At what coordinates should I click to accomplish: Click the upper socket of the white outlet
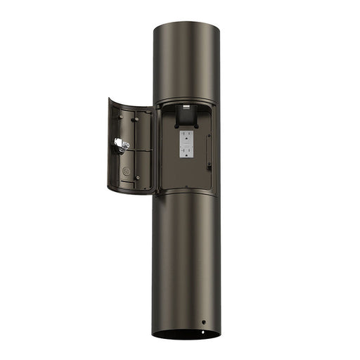click(188, 136)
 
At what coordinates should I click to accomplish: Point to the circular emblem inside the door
click(127, 170)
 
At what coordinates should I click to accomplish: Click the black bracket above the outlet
click(186, 112)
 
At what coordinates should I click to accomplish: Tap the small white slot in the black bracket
click(186, 106)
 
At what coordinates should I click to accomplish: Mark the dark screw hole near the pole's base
click(204, 322)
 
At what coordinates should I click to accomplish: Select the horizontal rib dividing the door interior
click(134, 149)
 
